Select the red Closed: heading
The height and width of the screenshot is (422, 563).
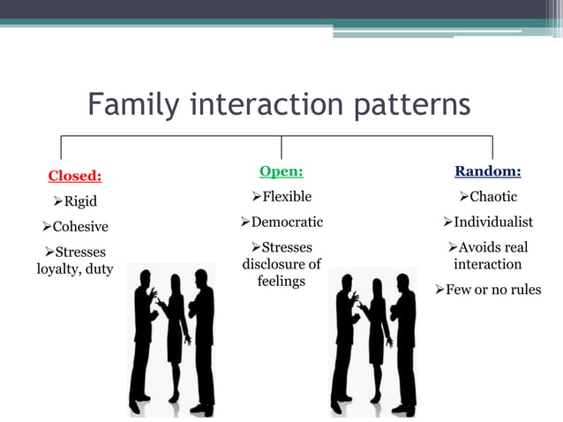coord(74,176)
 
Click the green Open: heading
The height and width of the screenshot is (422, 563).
coord(281,170)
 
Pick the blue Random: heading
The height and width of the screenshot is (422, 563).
coord(487,170)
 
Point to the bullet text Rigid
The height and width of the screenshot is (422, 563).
coord(80,201)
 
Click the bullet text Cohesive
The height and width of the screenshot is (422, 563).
coord(80,227)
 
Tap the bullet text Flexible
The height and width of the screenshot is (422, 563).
coord(287,196)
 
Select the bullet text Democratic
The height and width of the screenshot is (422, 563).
coord(287,222)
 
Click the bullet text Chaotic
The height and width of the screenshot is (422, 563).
coord(493,196)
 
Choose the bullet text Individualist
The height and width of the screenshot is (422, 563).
coord(493,222)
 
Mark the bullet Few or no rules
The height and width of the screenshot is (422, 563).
coord(492,290)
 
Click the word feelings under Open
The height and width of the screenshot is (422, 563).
coord(281,281)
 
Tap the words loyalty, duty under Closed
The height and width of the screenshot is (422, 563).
coord(74,269)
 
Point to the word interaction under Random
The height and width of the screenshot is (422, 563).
coord(487,264)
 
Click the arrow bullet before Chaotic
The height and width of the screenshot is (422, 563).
coord(463,196)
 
